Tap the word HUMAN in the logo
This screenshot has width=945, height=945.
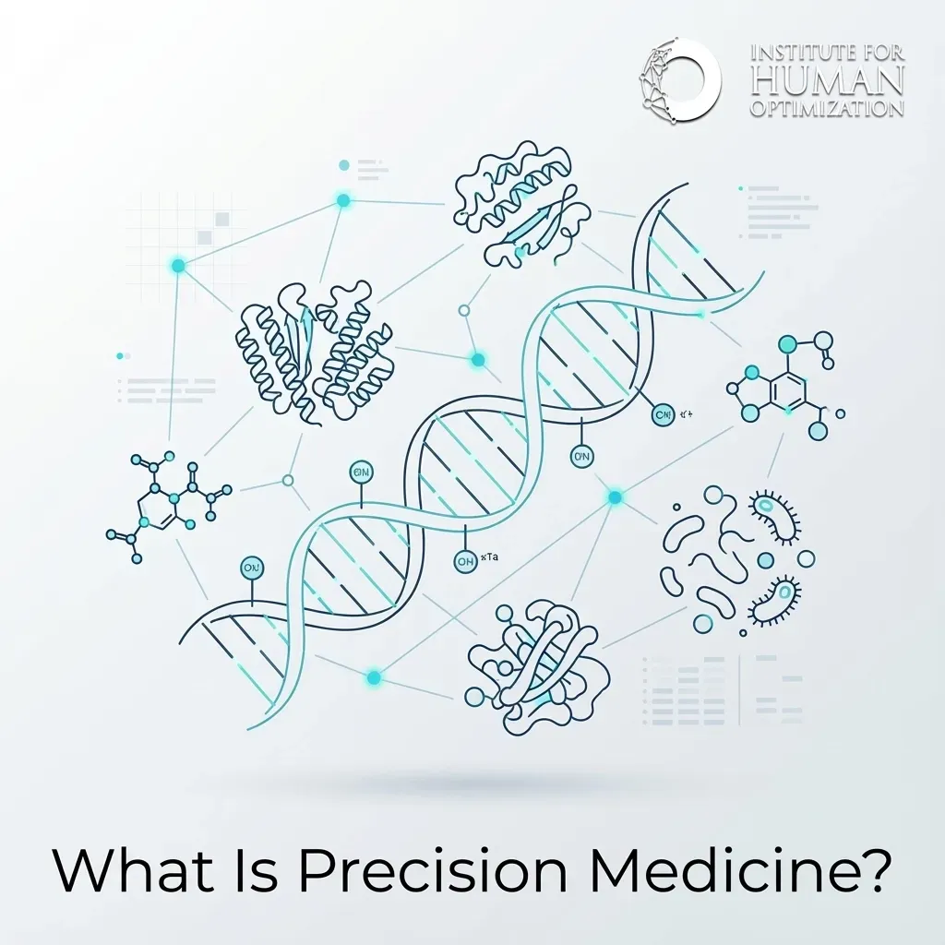click(x=827, y=82)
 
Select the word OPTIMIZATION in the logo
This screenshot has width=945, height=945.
click(x=827, y=109)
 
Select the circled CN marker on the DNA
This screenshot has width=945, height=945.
click(x=663, y=415)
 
